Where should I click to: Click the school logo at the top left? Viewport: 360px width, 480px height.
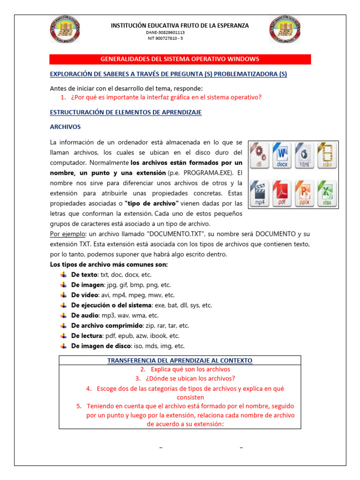(65, 30)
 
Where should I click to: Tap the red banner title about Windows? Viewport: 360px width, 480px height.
(180, 59)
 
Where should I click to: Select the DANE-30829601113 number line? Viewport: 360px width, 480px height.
(165, 32)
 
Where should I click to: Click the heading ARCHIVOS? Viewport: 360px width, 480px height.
(65, 127)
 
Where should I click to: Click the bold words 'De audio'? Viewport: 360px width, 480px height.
(84, 315)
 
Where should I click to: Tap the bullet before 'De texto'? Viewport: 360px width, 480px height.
(63, 275)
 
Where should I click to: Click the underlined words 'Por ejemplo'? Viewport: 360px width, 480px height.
(65, 234)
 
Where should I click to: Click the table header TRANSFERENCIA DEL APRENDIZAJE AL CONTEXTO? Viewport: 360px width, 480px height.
(180, 360)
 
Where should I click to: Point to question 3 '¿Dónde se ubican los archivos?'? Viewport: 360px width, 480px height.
(185, 379)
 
